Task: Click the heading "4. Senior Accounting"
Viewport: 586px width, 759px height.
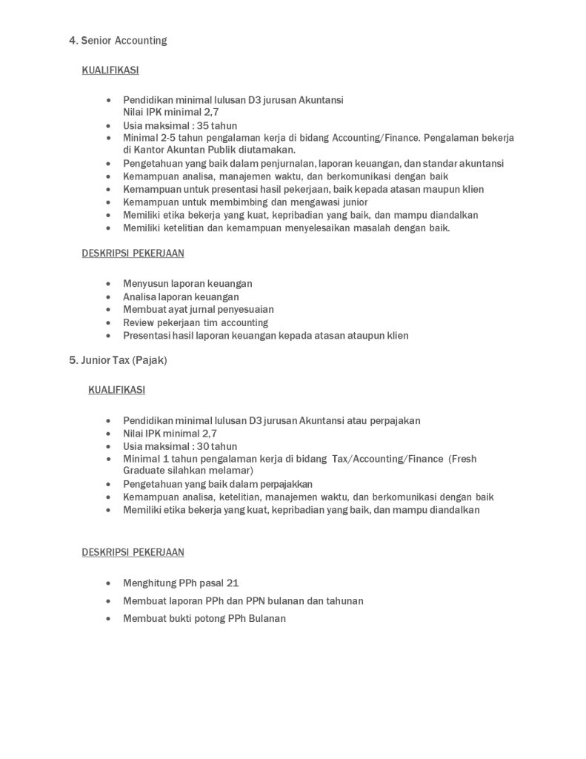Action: (x=118, y=41)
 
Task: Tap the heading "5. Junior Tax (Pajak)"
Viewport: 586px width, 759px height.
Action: (x=118, y=360)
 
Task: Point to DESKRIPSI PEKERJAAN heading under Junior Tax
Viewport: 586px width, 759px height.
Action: (x=133, y=552)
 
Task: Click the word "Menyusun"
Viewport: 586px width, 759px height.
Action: (x=144, y=284)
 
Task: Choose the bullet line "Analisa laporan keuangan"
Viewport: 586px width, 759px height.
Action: (x=181, y=296)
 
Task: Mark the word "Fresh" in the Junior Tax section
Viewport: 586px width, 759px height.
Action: (x=463, y=459)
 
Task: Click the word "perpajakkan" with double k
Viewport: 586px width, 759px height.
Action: (x=284, y=484)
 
